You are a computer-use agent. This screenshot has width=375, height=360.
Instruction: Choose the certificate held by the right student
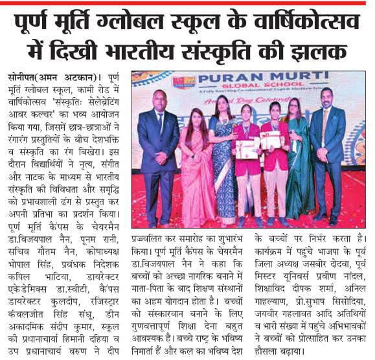point(273,140)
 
